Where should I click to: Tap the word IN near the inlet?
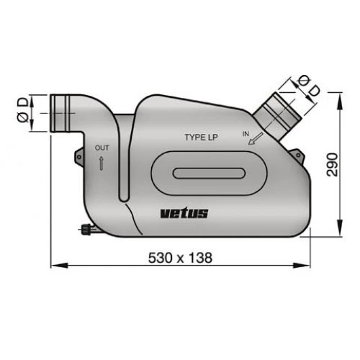246,134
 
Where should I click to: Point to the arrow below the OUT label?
101,163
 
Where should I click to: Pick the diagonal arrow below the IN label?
255,142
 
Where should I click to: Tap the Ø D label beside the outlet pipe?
24,111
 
